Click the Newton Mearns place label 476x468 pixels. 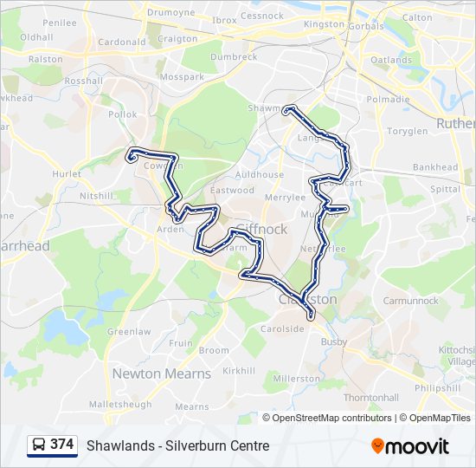pyautogui.click(x=161, y=374)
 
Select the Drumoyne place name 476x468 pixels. pyautogui.click(x=171, y=13)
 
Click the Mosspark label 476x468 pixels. pyautogui.click(x=182, y=76)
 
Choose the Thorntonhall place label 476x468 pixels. pyautogui.click(x=370, y=397)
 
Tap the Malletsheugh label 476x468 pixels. pyautogui.click(x=119, y=404)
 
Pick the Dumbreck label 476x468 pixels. pyautogui.click(x=234, y=56)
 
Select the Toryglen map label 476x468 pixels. pyautogui.click(x=407, y=131)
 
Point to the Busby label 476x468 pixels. pyautogui.click(x=334, y=342)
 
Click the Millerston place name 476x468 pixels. pyautogui.click(x=296, y=379)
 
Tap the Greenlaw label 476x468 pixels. pyautogui.click(x=129, y=331)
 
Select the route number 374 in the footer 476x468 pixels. pyautogui.click(x=61, y=445)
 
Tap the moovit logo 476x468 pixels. pyautogui.click(x=410, y=445)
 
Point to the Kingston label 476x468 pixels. pyautogui.click(x=325, y=24)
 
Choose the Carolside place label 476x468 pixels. pyautogui.click(x=283, y=328)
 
